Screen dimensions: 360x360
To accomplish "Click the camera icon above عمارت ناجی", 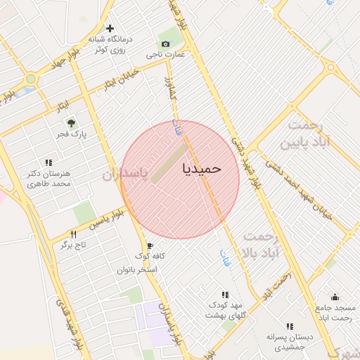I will click(169, 42).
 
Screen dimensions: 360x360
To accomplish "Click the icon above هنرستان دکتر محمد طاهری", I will click(49, 162).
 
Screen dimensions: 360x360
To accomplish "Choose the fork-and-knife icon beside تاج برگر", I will click(72, 234).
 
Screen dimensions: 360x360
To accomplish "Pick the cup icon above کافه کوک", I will click(150, 246).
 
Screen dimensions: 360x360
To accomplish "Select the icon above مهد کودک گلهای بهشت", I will click(224, 295).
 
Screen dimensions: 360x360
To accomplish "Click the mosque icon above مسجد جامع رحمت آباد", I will click(335, 297).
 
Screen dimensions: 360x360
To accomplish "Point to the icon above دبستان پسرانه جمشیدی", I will click(290, 326).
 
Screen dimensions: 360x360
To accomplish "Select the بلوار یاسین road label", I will click(110, 218).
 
